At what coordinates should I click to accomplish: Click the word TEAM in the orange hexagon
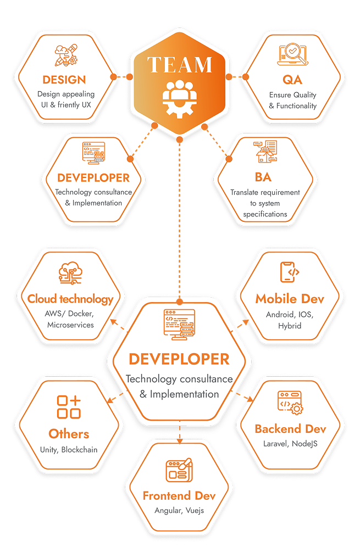[180, 65]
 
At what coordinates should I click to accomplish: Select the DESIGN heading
[64, 80]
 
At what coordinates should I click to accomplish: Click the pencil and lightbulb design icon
[65, 55]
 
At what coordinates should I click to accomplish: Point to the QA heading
[292, 80]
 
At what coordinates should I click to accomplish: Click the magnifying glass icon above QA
[293, 55]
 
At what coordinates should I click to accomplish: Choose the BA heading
[263, 177]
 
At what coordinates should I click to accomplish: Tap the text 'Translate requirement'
[265, 192]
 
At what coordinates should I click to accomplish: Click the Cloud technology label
[70, 299]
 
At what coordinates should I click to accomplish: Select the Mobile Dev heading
[290, 299]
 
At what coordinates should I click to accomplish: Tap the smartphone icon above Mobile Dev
[290, 272]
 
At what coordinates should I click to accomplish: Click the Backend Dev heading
[290, 429]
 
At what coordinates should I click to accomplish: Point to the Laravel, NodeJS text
[290, 444]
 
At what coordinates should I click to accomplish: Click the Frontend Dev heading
[179, 496]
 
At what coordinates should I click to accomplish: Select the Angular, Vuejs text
[179, 510]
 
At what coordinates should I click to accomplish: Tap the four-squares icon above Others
[69, 407]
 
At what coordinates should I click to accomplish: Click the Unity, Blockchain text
[69, 450]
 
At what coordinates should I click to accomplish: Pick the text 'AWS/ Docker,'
[70, 314]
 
